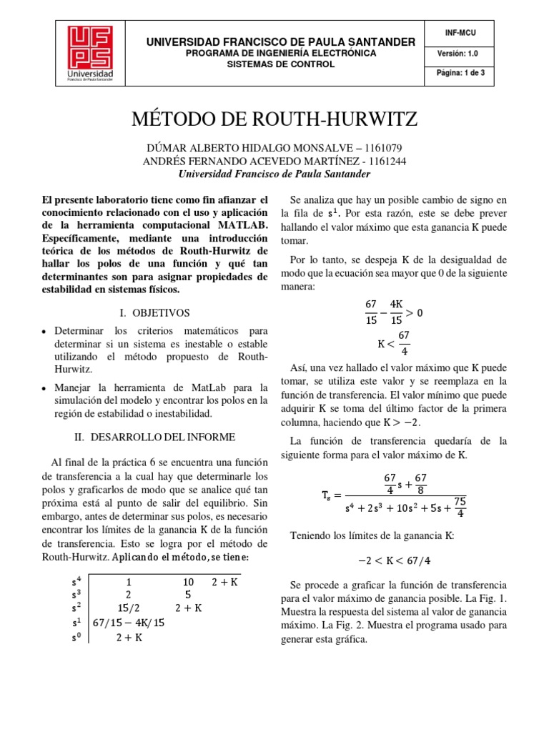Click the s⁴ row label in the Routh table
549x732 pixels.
[x=76, y=583]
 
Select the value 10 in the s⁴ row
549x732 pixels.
[x=188, y=583]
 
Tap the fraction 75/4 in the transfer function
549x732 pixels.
[x=460, y=506]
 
